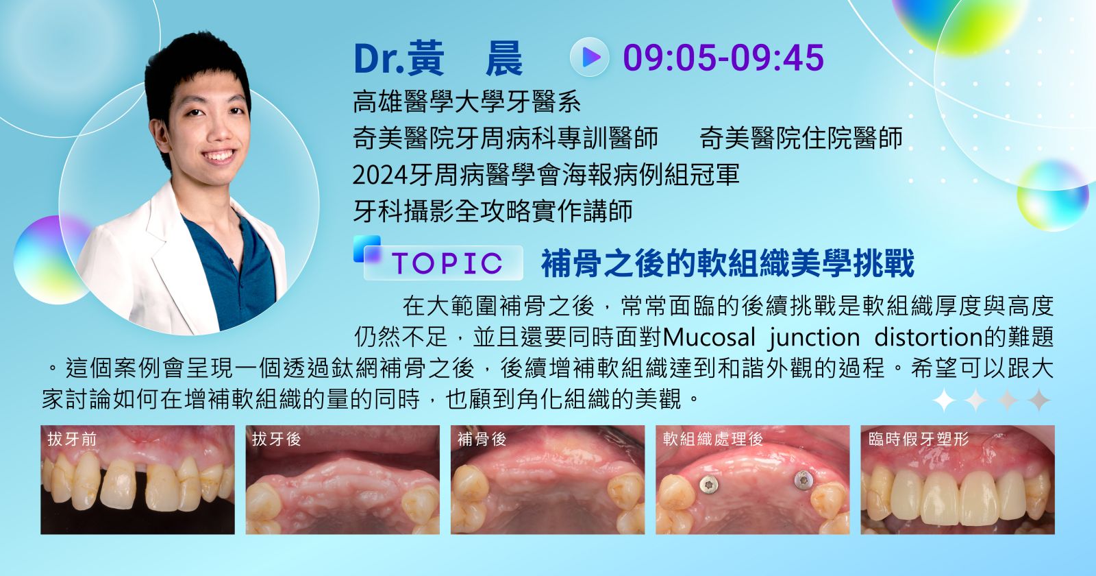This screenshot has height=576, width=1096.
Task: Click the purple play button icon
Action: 590,58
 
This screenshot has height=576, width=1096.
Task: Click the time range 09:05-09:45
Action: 723,58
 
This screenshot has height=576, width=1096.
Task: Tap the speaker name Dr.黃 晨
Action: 438,58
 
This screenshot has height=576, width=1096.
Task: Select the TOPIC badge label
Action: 447,263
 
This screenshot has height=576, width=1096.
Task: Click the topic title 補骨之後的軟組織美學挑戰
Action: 727,263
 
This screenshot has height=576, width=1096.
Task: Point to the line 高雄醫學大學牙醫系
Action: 466,101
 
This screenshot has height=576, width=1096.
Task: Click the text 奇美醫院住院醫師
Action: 801,138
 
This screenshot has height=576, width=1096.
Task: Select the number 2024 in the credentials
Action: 380,175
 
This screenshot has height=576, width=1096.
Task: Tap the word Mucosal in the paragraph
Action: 709,337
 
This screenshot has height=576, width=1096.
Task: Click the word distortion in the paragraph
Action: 928,337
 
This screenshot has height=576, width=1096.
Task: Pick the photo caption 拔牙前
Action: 72,439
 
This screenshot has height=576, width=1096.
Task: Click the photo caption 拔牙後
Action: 277,439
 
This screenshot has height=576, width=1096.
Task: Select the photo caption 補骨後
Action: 482,439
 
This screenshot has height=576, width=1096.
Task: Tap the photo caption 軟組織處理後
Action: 713,439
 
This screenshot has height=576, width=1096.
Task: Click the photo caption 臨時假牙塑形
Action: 919,439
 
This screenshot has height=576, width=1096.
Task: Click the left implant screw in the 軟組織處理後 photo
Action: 708,484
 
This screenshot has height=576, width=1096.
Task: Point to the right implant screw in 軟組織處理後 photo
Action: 803,480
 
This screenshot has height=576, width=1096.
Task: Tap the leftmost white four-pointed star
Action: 945,400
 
